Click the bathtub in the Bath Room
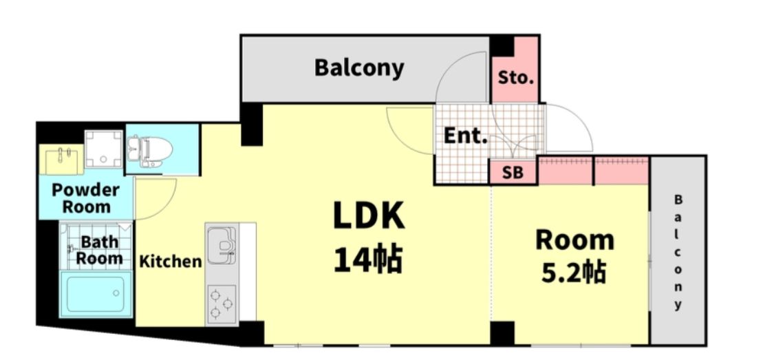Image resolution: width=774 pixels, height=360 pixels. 96,294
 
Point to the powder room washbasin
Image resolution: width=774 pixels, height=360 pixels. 62,160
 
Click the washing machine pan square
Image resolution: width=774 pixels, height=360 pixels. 103,149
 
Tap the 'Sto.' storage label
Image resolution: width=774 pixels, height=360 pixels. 516,78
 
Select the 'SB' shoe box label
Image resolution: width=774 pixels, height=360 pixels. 513,173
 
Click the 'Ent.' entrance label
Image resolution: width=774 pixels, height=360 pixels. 466,136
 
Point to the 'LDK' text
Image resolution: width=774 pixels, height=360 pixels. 369,216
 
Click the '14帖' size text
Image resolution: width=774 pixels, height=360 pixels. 368,260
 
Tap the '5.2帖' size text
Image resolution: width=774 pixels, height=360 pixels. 574,272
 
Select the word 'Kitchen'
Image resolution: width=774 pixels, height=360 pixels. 171,262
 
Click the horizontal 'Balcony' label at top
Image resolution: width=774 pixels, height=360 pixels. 359,67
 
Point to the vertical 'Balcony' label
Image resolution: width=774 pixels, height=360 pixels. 678,252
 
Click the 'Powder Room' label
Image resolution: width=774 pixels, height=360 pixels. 86,198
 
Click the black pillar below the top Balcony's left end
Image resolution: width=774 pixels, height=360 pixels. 251,125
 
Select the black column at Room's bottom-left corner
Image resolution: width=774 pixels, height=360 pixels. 502,333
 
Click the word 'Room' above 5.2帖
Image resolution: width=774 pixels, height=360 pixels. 575,240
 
